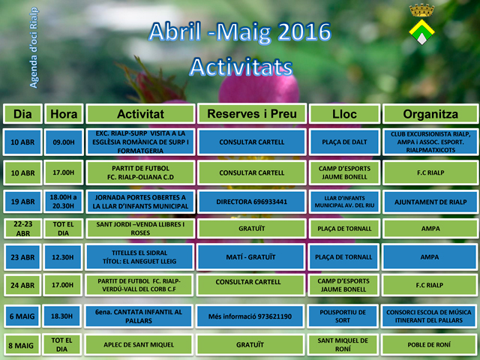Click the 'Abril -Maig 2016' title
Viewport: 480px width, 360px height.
tap(240, 32)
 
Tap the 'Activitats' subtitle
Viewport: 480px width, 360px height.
tap(241, 67)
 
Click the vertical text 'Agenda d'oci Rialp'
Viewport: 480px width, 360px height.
tap(34, 47)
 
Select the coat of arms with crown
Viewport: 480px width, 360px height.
tap(421, 24)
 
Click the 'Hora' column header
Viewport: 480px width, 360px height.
tap(64, 114)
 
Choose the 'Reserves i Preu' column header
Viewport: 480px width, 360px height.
tap(252, 114)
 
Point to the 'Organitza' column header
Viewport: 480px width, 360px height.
tap(430, 114)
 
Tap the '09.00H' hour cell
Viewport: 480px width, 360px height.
tap(64, 142)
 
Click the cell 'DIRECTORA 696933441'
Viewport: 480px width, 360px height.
tap(252, 202)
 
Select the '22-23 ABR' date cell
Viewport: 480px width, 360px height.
tap(23, 228)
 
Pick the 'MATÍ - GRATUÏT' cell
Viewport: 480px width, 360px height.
tap(250, 256)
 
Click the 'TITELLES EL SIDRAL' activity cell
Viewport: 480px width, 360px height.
tap(139, 256)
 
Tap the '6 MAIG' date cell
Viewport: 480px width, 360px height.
tap(22, 316)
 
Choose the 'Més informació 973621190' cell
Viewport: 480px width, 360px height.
tap(250, 316)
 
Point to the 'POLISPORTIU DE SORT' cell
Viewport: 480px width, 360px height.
tap(343, 316)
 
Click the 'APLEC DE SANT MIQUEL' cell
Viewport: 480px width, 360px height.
tap(139, 345)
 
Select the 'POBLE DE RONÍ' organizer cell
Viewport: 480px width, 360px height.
tap(429, 345)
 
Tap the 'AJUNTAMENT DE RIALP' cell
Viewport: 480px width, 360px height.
tap(430, 202)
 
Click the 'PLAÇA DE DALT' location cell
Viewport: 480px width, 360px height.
tap(344, 142)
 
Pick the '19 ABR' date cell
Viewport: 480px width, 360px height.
tap(22, 202)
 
